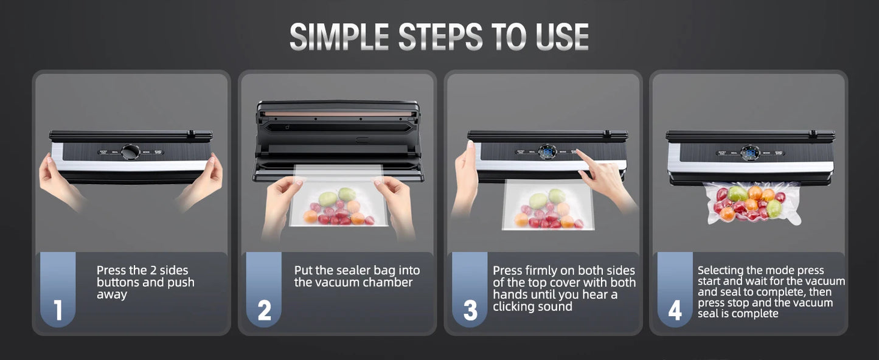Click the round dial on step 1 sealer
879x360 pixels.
coord(130,152)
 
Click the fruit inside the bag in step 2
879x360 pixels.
coord(338,207)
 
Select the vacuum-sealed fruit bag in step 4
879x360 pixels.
coord(752,202)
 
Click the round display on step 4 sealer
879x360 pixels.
coord(749,152)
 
